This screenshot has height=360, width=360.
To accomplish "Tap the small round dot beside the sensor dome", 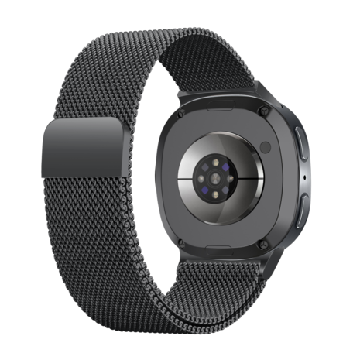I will point(265,146).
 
